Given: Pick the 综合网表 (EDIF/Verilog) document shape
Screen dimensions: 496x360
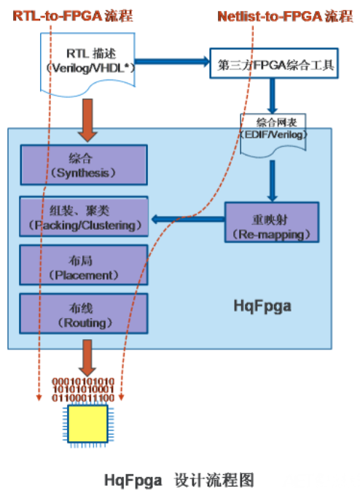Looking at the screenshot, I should (276, 128).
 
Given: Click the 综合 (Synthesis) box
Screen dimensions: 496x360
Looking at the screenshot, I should (84, 165).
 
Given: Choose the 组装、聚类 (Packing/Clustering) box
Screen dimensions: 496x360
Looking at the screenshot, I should (84, 217).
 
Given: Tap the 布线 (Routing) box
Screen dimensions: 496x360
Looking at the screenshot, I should (84, 315).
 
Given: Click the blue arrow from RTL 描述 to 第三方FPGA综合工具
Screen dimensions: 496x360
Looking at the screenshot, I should (168, 62).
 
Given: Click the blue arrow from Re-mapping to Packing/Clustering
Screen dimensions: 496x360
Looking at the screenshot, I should (187, 217).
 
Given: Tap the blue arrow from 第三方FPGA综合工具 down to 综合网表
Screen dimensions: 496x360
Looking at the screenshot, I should (273, 95).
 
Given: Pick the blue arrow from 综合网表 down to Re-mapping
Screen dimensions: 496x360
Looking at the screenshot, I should (273, 179).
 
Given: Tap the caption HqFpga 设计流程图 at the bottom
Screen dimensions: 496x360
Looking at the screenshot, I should (179, 479).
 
